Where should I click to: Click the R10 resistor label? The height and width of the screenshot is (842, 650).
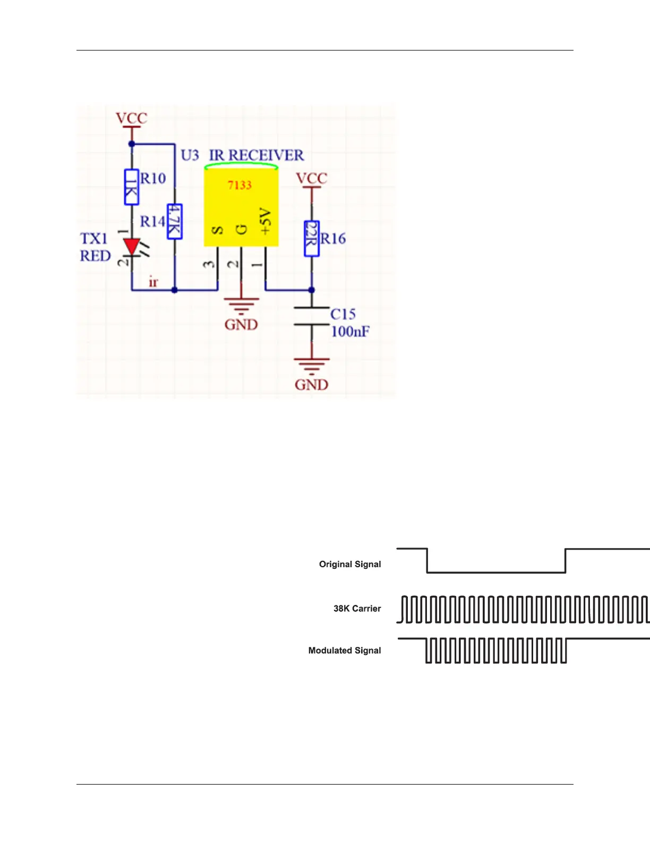click(x=153, y=179)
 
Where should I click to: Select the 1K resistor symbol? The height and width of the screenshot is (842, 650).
click(x=131, y=187)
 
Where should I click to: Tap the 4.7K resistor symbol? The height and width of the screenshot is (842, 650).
click(x=174, y=222)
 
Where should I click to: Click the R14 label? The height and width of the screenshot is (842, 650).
click(x=152, y=221)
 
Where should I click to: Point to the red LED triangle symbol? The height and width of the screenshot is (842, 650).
click(x=131, y=247)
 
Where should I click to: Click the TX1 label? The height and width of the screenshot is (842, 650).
click(x=94, y=239)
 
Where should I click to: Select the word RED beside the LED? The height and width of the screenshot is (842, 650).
click(x=95, y=256)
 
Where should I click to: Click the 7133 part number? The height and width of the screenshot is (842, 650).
click(x=240, y=185)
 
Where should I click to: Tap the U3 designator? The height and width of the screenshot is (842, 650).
click(x=190, y=155)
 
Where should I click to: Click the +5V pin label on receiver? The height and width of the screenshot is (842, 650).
click(x=266, y=222)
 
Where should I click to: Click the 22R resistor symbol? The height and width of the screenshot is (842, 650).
click(x=312, y=239)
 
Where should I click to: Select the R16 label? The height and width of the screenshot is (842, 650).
click(x=333, y=239)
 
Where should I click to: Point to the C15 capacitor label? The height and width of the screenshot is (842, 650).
click(x=343, y=314)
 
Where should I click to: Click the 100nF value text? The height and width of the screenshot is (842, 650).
click(x=350, y=332)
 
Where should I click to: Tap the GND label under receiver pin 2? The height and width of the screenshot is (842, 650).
click(x=241, y=325)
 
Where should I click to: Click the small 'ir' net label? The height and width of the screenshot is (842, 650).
click(x=153, y=282)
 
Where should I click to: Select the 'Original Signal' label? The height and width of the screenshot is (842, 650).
click(x=350, y=564)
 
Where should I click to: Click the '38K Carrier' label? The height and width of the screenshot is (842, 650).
click(x=357, y=609)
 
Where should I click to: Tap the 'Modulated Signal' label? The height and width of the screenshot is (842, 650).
click(x=345, y=651)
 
